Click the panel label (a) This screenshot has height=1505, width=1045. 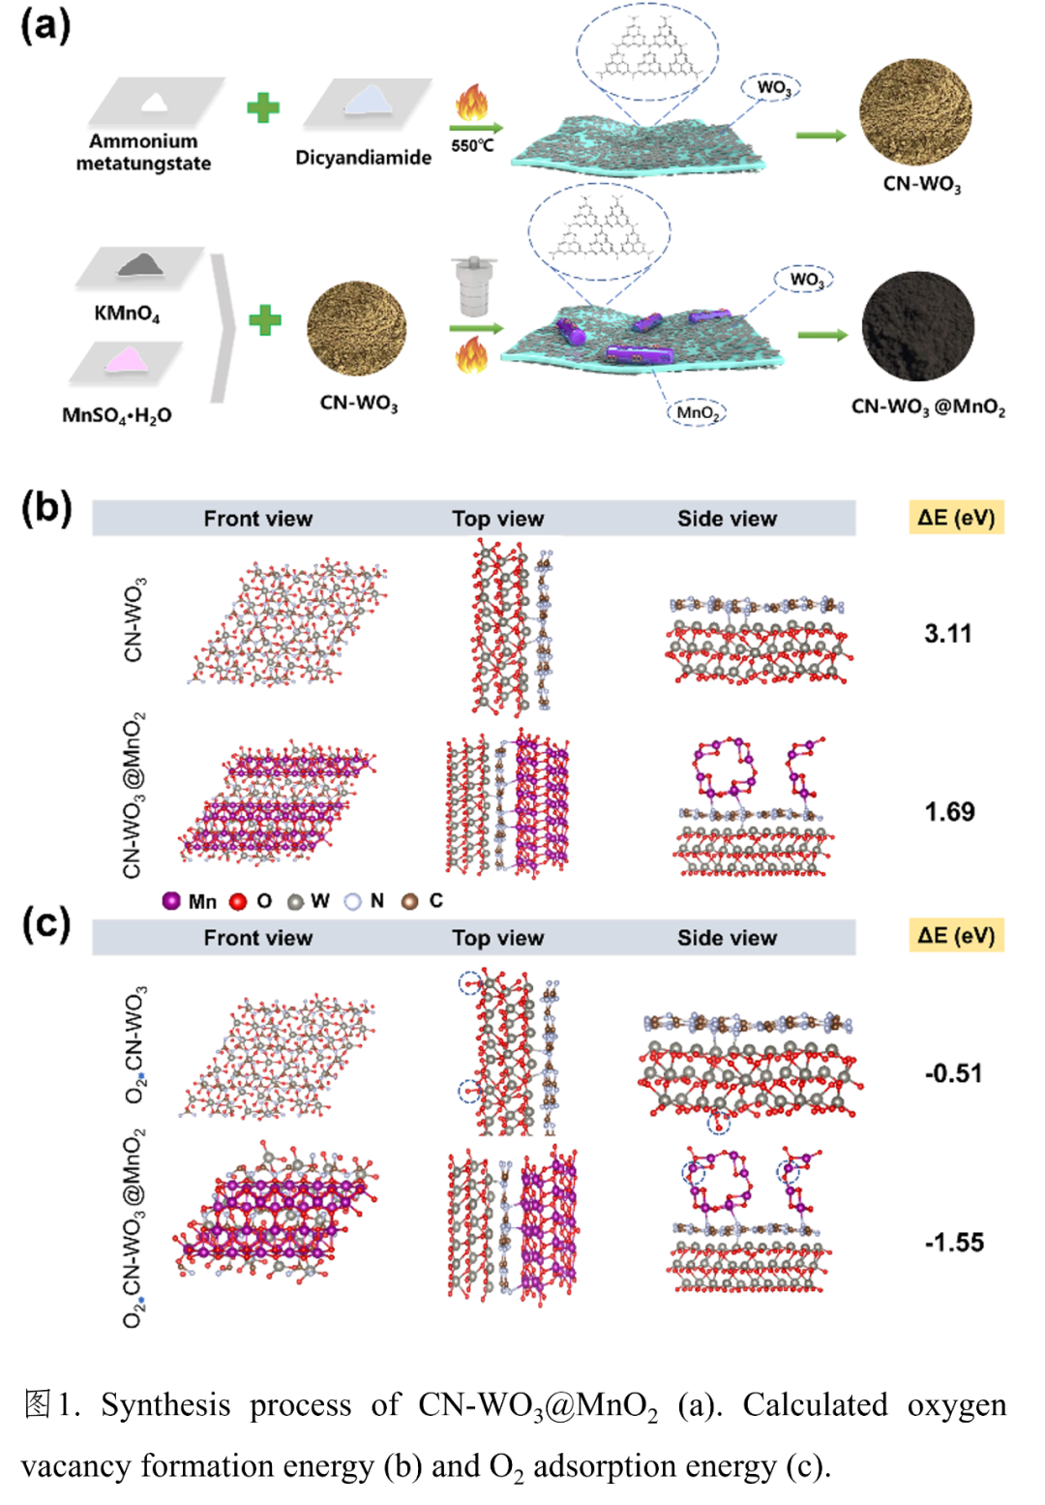[x=45, y=25]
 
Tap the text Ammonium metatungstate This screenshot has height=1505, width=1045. [x=143, y=152]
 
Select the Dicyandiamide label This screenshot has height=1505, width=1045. [x=363, y=157]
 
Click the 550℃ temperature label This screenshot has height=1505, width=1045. [x=472, y=146]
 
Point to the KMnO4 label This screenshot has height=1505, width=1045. [x=127, y=314]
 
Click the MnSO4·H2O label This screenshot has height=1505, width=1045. [x=117, y=415]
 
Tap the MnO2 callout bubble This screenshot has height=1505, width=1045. [x=697, y=412]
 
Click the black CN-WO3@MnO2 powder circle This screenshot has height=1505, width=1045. [x=917, y=326]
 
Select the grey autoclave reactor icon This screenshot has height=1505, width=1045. [x=473, y=286]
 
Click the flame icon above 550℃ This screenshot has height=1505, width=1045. [x=472, y=104]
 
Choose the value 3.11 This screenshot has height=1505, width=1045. [x=947, y=634]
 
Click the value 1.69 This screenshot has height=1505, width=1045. [x=949, y=811]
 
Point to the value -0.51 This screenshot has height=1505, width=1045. [x=953, y=1073]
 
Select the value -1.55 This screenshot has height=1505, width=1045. [x=954, y=1242]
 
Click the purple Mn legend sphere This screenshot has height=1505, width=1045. [x=171, y=901]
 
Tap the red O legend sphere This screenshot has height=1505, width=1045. [x=238, y=901]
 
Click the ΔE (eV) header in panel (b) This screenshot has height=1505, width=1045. [x=956, y=517]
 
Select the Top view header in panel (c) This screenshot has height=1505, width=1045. [x=497, y=938]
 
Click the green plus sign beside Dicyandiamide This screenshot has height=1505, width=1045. [x=263, y=107]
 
